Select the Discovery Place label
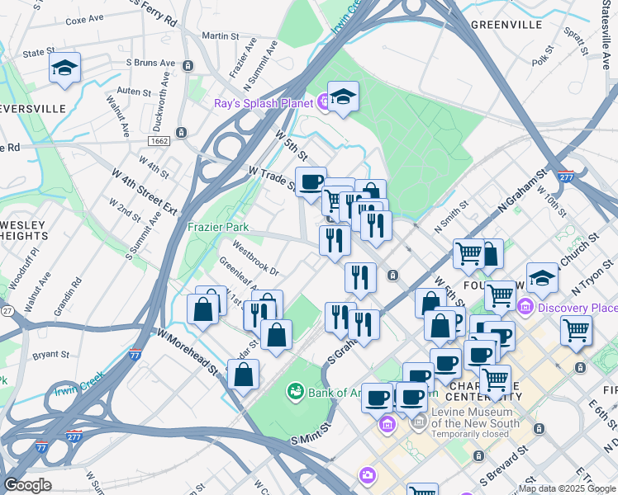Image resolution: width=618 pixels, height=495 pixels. tap(578, 308)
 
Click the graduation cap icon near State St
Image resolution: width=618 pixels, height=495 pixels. tap(63, 69)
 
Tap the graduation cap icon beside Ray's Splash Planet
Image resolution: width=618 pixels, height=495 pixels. tap(343, 98)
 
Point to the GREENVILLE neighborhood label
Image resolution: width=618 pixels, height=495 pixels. tap(506, 25)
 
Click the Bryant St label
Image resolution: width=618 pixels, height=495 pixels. tap(50, 354)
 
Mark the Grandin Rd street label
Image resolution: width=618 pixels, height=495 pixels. tap(76, 291)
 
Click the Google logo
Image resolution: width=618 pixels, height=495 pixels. tap(27, 485)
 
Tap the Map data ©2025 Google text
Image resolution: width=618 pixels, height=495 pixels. tap(566, 488)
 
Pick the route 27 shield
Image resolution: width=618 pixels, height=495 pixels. tap(7, 310)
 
